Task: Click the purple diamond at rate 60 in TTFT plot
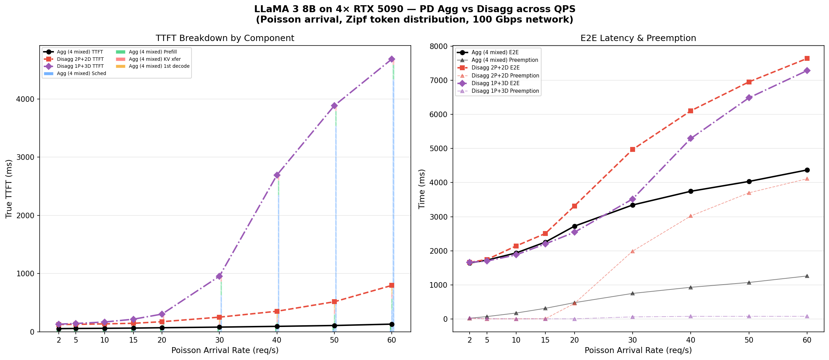coord(392,59)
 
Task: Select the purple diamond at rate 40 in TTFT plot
coord(277,175)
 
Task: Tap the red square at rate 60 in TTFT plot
coord(392,285)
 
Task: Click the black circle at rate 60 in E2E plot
coord(807,170)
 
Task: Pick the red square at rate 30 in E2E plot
coord(633,149)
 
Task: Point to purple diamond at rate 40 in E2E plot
coord(691,138)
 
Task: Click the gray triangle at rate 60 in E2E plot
coord(807,276)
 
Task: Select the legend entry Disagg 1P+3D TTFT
coord(80,66)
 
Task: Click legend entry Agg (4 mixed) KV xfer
coord(155,59)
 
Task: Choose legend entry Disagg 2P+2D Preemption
coord(505,75)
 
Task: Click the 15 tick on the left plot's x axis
coord(133,340)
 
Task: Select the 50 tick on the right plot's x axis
coord(749,340)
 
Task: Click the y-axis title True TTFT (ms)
coord(9,189)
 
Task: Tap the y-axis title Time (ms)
coord(422,189)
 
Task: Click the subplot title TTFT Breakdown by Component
coord(225,38)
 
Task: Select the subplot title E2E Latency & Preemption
coord(638,38)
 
